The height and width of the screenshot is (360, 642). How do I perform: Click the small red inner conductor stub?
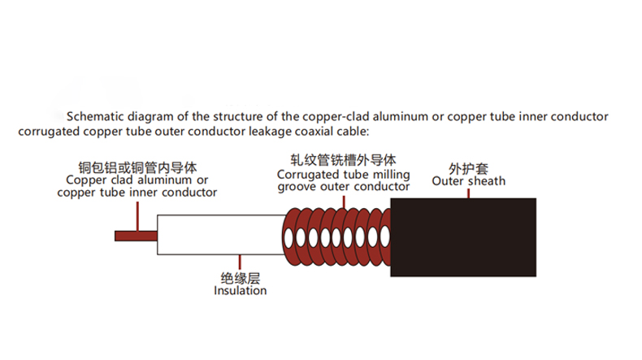(135, 236)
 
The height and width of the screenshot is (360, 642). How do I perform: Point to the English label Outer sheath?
(468, 180)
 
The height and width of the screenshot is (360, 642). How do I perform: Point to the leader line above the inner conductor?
(138, 215)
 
